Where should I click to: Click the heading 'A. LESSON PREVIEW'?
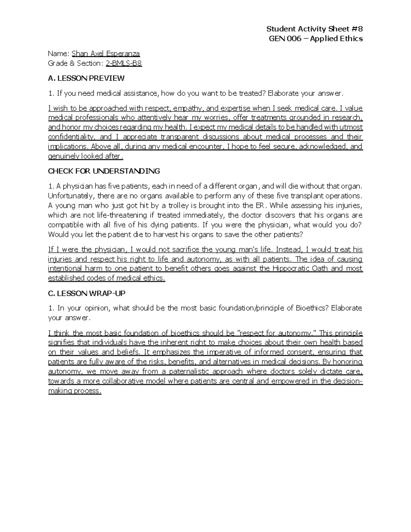[86, 78]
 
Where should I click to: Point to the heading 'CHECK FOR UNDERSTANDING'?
[104, 171]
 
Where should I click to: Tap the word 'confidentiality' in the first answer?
[71, 137]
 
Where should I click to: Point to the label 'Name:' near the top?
[59, 53]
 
